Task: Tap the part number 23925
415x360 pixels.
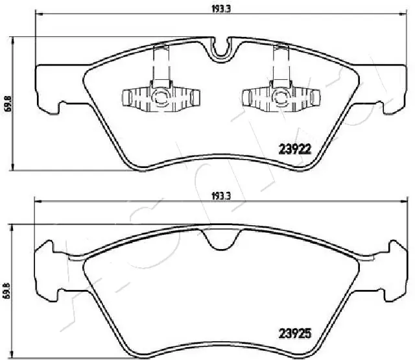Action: tap(296, 335)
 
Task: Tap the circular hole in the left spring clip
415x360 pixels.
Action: tap(160, 98)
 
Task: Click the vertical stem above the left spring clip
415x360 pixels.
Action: tap(160, 65)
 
